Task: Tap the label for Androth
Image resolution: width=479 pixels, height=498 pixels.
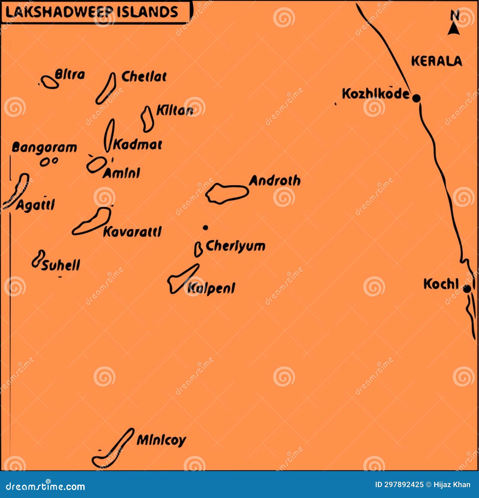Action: (x=275, y=181)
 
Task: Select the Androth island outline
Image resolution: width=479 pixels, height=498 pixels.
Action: (x=227, y=193)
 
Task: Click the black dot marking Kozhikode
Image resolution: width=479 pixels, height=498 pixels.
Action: (x=416, y=98)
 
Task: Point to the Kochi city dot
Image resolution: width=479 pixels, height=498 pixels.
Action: (x=467, y=289)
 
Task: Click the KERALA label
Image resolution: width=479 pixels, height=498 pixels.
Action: (x=436, y=61)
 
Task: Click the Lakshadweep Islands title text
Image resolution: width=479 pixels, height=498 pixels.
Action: (x=92, y=12)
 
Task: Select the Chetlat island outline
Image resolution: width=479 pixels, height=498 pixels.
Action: (x=106, y=89)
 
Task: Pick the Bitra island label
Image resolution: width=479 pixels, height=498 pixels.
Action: (x=70, y=75)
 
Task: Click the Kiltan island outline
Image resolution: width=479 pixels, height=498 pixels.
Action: (x=147, y=119)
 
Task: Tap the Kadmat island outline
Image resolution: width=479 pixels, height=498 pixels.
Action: (x=109, y=136)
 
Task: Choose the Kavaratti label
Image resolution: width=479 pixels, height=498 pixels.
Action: (x=132, y=232)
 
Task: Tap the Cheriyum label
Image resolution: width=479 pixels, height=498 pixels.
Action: (x=235, y=246)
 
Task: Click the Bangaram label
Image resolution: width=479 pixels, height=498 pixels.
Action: (x=44, y=148)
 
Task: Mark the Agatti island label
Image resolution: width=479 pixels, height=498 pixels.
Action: (x=35, y=205)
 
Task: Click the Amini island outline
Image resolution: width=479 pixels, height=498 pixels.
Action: (x=96, y=165)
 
